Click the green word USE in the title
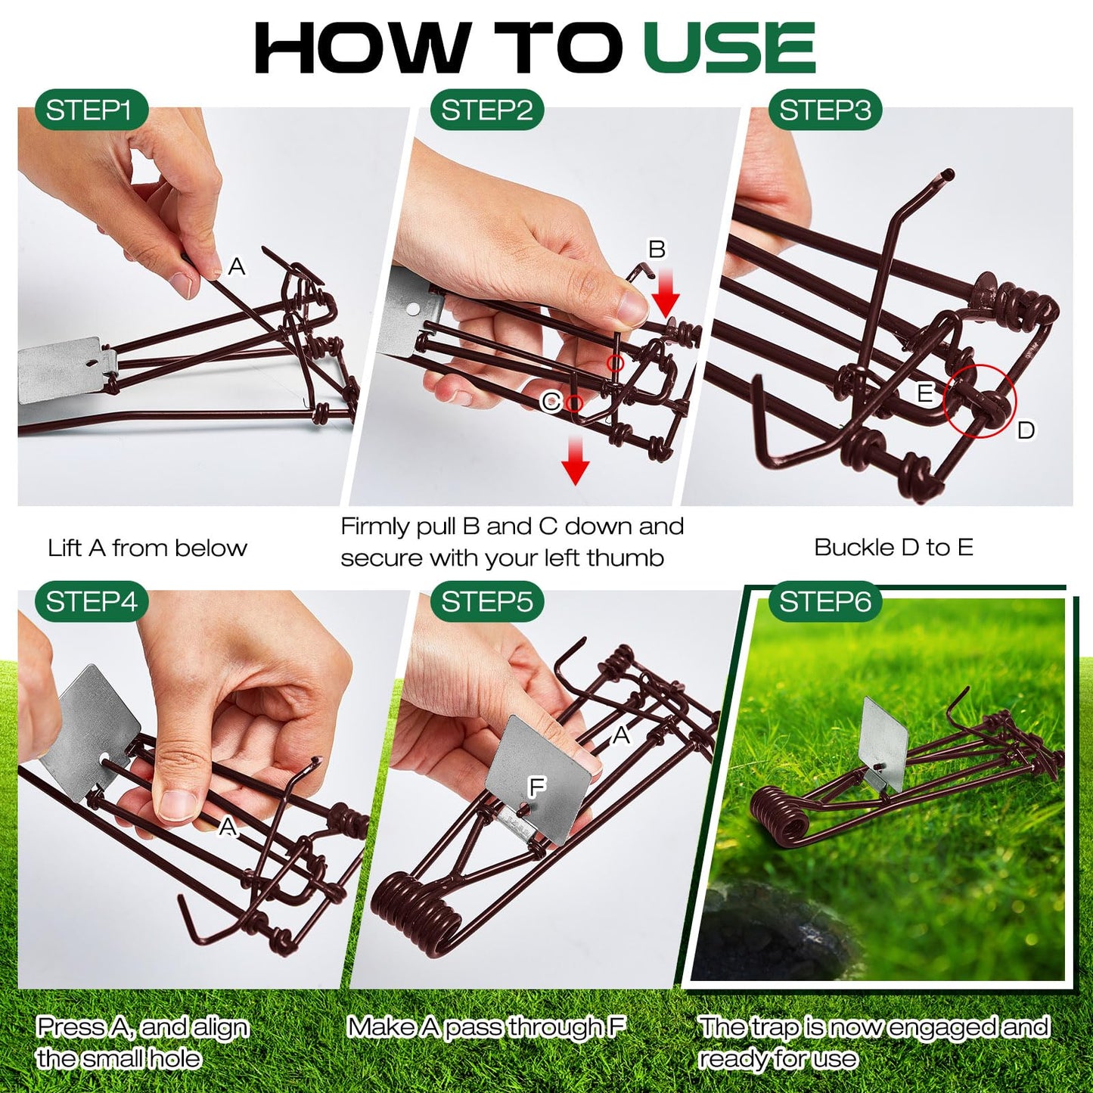pyautogui.click(x=729, y=48)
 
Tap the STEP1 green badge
pyautogui.click(x=89, y=110)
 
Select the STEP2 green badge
pyautogui.click(x=486, y=110)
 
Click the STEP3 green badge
pyautogui.click(x=824, y=110)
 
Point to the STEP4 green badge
pyautogui.click(x=91, y=602)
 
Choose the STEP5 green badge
pyautogui.click(x=486, y=602)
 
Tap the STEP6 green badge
pyautogui.click(x=824, y=602)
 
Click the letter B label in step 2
pyautogui.click(x=657, y=249)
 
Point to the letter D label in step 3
pyautogui.click(x=1025, y=430)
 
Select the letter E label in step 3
pyautogui.click(x=924, y=393)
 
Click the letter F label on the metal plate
pyautogui.click(x=536, y=787)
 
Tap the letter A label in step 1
pyautogui.click(x=237, y=266)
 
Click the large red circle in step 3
pyautogui.click(x=980, y=401)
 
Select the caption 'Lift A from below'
pyautogui.click(x=147, y=548)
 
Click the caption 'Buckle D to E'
pyautogui.click(x=893, y=547)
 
